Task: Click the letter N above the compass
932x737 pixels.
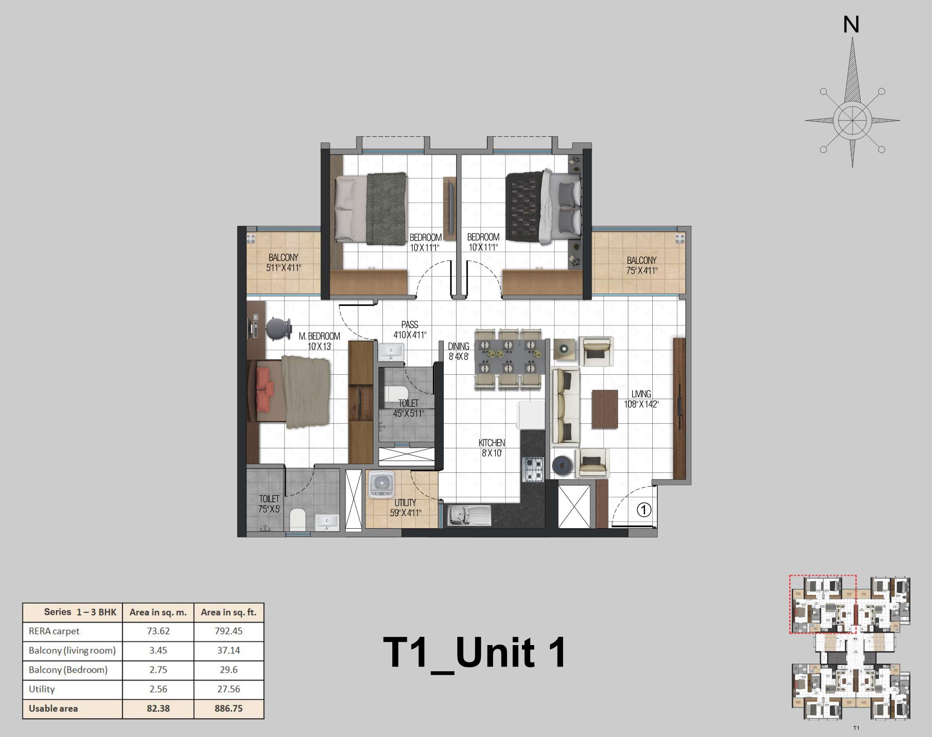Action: (x=851, y=24)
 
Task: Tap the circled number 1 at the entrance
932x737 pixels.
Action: (x=644, y=510)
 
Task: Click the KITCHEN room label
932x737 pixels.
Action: (x=491, y=448)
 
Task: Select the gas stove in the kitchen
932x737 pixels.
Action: (x=534, y=470)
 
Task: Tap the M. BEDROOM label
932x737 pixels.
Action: (x=319, y=341)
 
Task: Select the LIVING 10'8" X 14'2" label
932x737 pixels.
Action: (x=641, y=399)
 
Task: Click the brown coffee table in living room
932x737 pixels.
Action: (x=604, y=409)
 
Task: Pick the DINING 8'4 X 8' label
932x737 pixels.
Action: (x=458, y=351)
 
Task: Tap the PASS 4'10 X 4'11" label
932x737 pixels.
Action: (x=410, y=330)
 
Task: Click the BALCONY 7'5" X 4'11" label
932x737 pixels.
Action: (x=642, y=265)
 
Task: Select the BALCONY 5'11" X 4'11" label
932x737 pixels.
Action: (x=283, y=263)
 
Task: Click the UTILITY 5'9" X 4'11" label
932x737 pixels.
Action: (x=406, y=508)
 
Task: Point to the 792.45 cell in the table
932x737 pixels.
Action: (x=228, y=631)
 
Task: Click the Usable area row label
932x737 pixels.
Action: (x=53, y=708)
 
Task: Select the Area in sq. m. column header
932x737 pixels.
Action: (x=158, y=612)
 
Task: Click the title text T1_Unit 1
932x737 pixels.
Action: (x=474, y=653)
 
